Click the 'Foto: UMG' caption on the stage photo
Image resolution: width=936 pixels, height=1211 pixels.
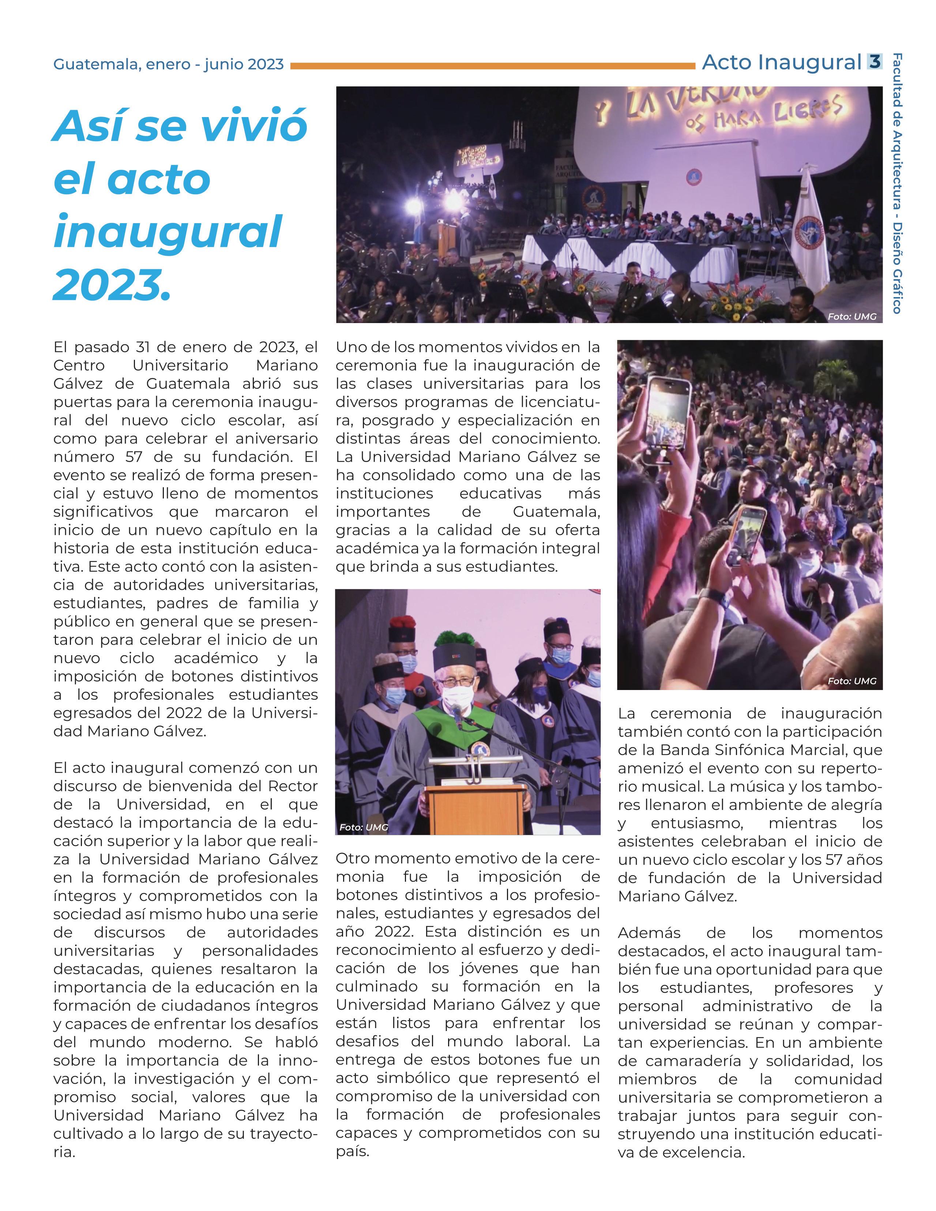[x=852, y=316]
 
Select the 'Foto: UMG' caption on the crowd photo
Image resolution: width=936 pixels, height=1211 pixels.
[x=852, y=681]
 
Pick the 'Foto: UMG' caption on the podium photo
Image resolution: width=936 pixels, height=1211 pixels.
[x=364, y=827]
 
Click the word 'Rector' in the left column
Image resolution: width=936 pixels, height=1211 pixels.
[x=293, y=786]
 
